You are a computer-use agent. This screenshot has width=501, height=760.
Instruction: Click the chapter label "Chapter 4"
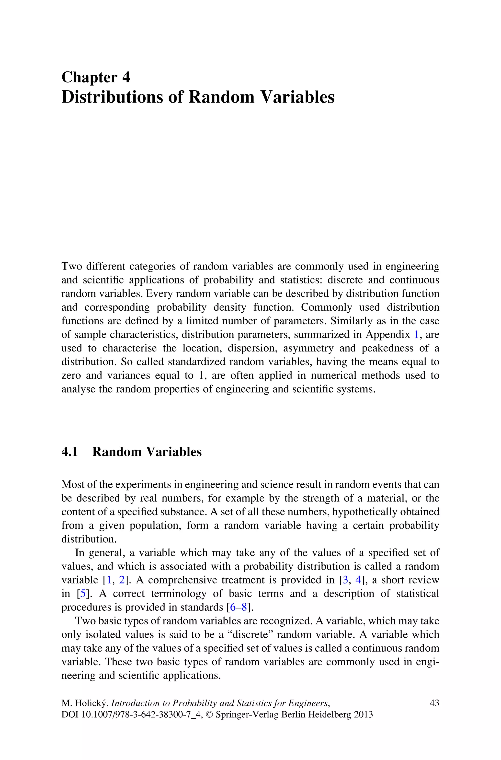pyautogui.click(x=96, y=78)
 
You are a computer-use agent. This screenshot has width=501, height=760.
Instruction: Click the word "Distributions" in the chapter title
pyautogui.click(x=112, y=97)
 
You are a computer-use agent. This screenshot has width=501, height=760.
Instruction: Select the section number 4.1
pyautogui.click(x=70, y=452)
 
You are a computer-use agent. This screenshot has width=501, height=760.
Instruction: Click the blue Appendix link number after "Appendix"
pyautogui.click(x=416, y=335)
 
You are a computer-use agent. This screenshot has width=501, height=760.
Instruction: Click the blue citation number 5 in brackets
pyautogui.click(x=83, y=594)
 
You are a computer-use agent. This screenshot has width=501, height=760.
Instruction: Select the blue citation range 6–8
pyautogui.click(x=238, y=607)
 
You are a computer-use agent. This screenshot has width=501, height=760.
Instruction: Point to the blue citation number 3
pyautogui.click(x=345, y=580)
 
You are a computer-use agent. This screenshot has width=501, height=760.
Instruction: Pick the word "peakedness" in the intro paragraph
pyautogui.click(x=387, y=348)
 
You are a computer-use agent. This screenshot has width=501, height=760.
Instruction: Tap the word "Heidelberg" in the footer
pyautogui.click(x=329, y=715)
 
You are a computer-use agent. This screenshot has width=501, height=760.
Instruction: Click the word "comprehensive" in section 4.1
pyautogui.click(x=182, y=580)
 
